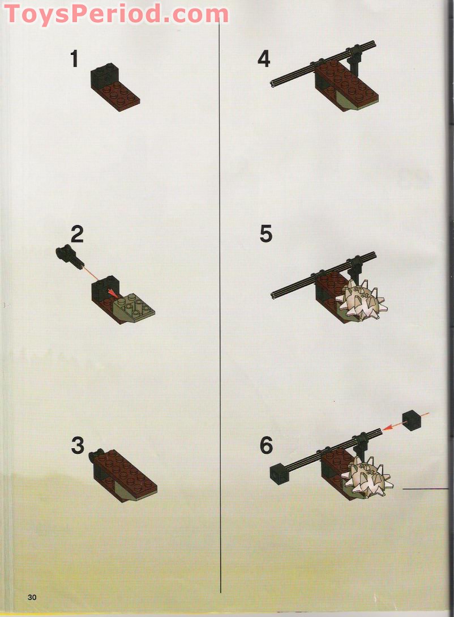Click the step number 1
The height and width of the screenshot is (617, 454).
[x=74, y=59]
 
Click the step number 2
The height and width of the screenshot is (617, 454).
[x=77, y=233]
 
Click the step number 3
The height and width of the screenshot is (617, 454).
[x=78, y=446]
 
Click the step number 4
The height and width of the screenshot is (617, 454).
[x=264, y=59]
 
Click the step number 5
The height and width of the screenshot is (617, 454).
[x=266, y=233]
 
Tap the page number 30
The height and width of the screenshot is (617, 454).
[x=32, y=597]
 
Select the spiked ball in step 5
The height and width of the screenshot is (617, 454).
[x=360, y=299]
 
